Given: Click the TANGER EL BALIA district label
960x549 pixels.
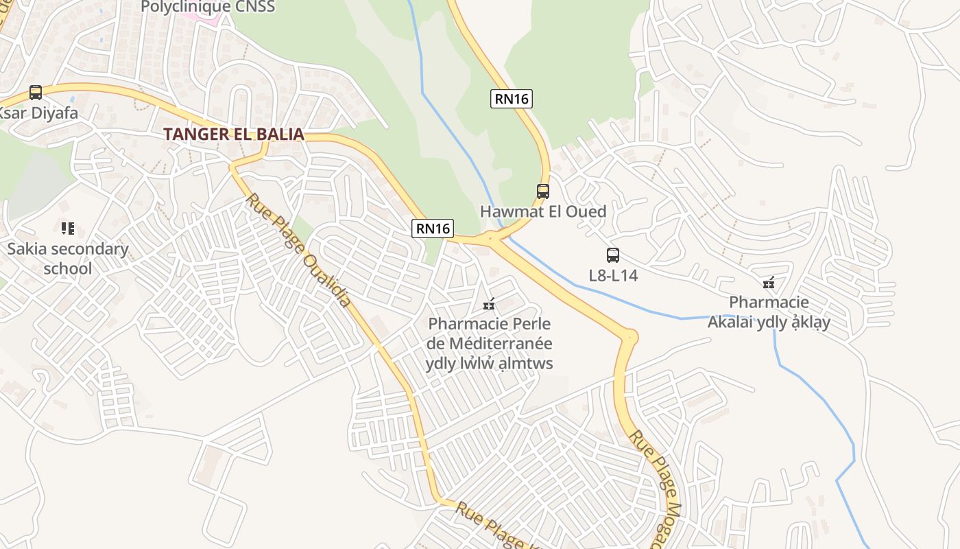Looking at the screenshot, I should tap(233, 134).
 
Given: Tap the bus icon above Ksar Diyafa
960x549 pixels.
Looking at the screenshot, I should tap(36, 92).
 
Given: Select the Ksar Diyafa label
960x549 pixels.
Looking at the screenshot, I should tap(38, 113).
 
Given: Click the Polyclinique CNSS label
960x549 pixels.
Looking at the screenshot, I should tap(208, 7).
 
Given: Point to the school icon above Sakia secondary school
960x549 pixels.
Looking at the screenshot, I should tap(67, 228).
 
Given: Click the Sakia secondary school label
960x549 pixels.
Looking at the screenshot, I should tap(67, 258).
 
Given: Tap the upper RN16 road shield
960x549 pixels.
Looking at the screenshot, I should tap(512, 98).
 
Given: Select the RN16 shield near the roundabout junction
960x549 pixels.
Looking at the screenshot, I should tap(433, 229).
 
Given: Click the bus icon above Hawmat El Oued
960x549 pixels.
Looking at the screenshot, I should tap(543, 191).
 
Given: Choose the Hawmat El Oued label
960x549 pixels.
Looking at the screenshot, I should tap(543, 211).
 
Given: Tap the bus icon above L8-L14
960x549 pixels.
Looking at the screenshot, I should tap(613, 255).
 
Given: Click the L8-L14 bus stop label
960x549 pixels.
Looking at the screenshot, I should tap(613, 276).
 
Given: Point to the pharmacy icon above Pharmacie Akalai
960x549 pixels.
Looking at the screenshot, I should tap(769, 282).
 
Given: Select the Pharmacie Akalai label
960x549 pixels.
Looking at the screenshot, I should tap(769, 312).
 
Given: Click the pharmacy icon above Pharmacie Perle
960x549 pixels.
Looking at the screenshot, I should tap(489, 303).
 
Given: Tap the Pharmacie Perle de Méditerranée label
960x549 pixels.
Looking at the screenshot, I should tap(489, 343).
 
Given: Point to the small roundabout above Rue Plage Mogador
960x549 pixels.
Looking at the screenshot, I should tap(629, 337).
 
